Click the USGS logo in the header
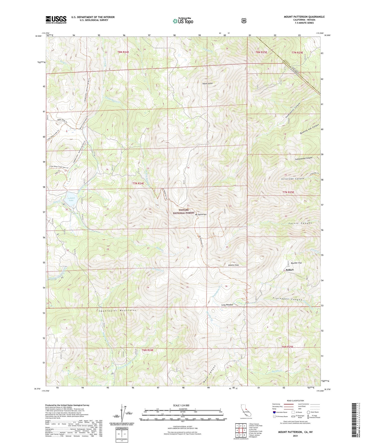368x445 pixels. [56, 20]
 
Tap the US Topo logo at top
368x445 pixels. [183, 21]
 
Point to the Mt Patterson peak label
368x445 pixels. [201, 214]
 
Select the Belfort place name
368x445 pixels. [290, 270]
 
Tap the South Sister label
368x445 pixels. [208, 83]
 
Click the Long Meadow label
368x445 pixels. [227, 305]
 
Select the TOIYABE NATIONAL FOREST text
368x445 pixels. [184, 211]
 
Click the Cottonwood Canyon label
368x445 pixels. [303, 158]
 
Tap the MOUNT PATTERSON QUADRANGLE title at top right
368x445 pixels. [304, 17]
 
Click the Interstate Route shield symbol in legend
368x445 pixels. [274, 412]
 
